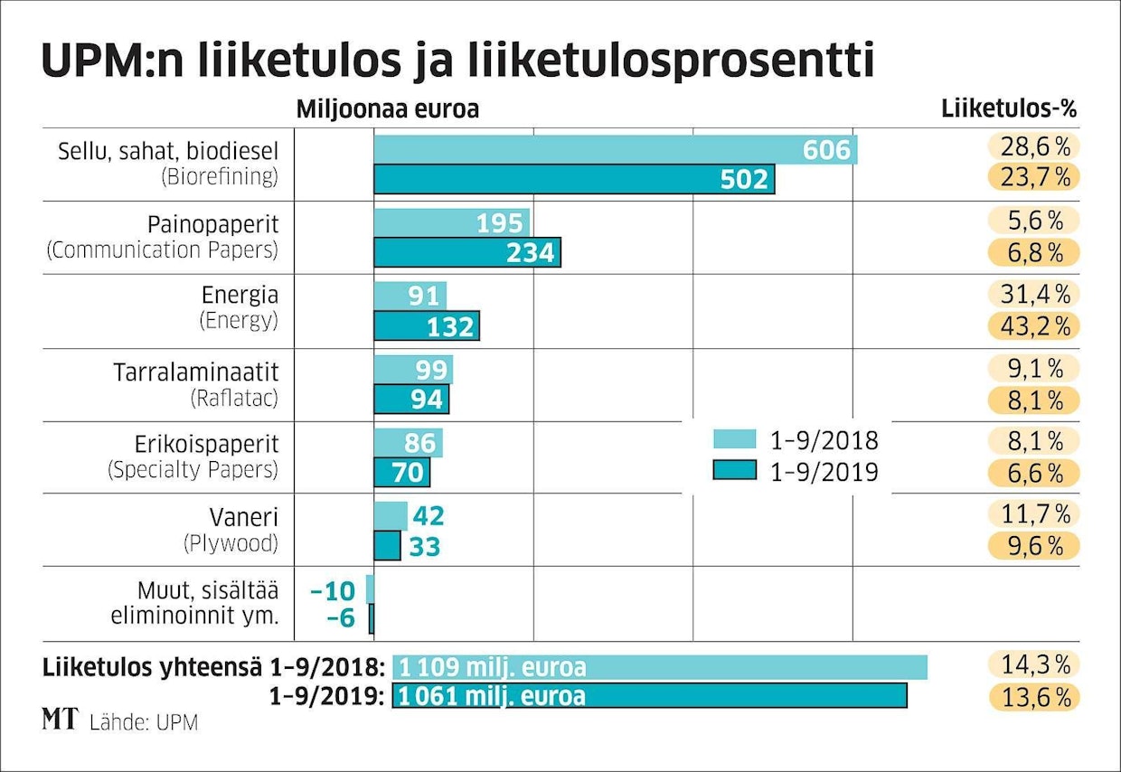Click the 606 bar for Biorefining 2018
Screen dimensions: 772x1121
pos(615,150)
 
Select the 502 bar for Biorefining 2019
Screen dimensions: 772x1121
pos(574,179)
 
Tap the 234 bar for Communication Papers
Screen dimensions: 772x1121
pos(467,252)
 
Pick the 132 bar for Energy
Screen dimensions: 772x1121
pos(427,325)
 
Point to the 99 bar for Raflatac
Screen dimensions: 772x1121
pos(413,370)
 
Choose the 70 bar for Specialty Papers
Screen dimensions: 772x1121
pos(402,473)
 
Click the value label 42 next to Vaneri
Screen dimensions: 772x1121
pos(428,516)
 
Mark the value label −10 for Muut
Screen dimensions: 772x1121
pos(333,590)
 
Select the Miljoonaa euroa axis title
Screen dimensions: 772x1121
pos(387,109)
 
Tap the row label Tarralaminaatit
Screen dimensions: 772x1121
pos(196,372)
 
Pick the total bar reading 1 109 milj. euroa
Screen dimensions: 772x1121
pos(660,667)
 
